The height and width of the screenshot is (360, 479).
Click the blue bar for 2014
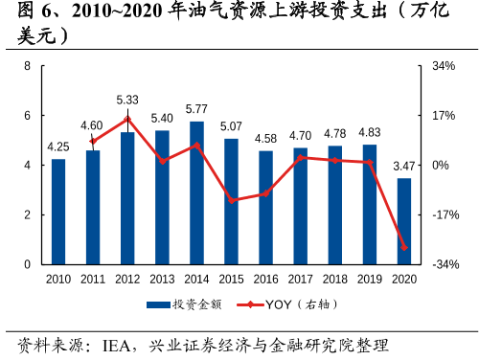coord(196,192)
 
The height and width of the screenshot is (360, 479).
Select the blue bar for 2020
coord(403,221)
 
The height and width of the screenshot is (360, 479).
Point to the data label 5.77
coord(196,109)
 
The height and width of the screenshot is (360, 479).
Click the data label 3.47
coord(403,167)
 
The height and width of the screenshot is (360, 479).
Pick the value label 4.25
coord(58,146)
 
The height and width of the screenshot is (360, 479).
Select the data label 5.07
coord(231,126)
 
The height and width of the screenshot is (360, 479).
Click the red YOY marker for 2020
coord(403,248)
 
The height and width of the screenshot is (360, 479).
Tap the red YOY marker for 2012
coord(127,119)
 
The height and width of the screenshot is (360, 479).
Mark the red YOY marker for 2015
coord(231,201)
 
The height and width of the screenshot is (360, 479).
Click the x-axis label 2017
coord(300,279)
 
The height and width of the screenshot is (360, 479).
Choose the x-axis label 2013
coord(162,279)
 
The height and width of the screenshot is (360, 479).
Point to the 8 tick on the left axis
coord(28,66)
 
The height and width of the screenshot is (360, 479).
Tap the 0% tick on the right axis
coord(441,165)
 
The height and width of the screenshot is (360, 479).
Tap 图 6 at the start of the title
coord(26,13)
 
